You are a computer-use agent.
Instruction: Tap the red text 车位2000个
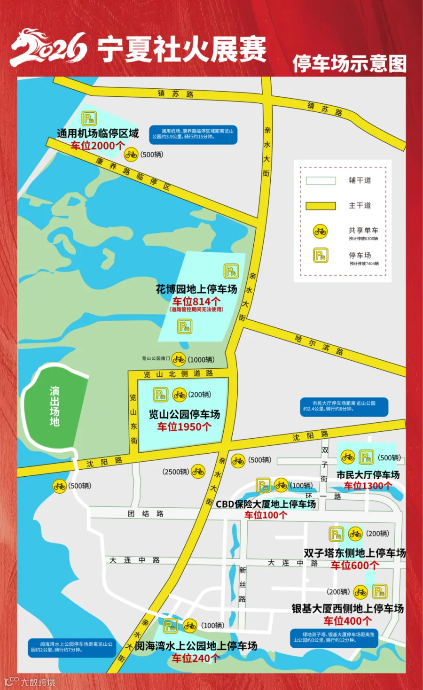point(98,146)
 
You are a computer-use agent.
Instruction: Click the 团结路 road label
point(146,513)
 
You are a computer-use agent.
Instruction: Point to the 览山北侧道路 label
point(179,374)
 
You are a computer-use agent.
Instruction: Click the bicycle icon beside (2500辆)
point(198,471)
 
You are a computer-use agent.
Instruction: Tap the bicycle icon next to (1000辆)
point(179,360)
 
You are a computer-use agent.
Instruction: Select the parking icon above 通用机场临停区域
point(89,118)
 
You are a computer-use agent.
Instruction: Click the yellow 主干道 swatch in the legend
point(321,206)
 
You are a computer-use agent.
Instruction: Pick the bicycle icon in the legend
point(321,231)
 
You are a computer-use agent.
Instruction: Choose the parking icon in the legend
point(321,256)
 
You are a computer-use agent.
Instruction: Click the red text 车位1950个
point(184,426)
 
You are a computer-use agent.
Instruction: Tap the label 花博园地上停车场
point(196,289)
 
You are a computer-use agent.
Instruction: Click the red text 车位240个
point(196,658)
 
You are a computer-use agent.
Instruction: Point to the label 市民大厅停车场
point(368,474)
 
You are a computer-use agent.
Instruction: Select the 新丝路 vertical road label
point(243,584)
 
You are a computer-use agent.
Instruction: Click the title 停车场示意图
point(349,64)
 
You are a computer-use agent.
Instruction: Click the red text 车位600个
point(354,565)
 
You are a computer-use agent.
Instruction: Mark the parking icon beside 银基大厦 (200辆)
point(380,591)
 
